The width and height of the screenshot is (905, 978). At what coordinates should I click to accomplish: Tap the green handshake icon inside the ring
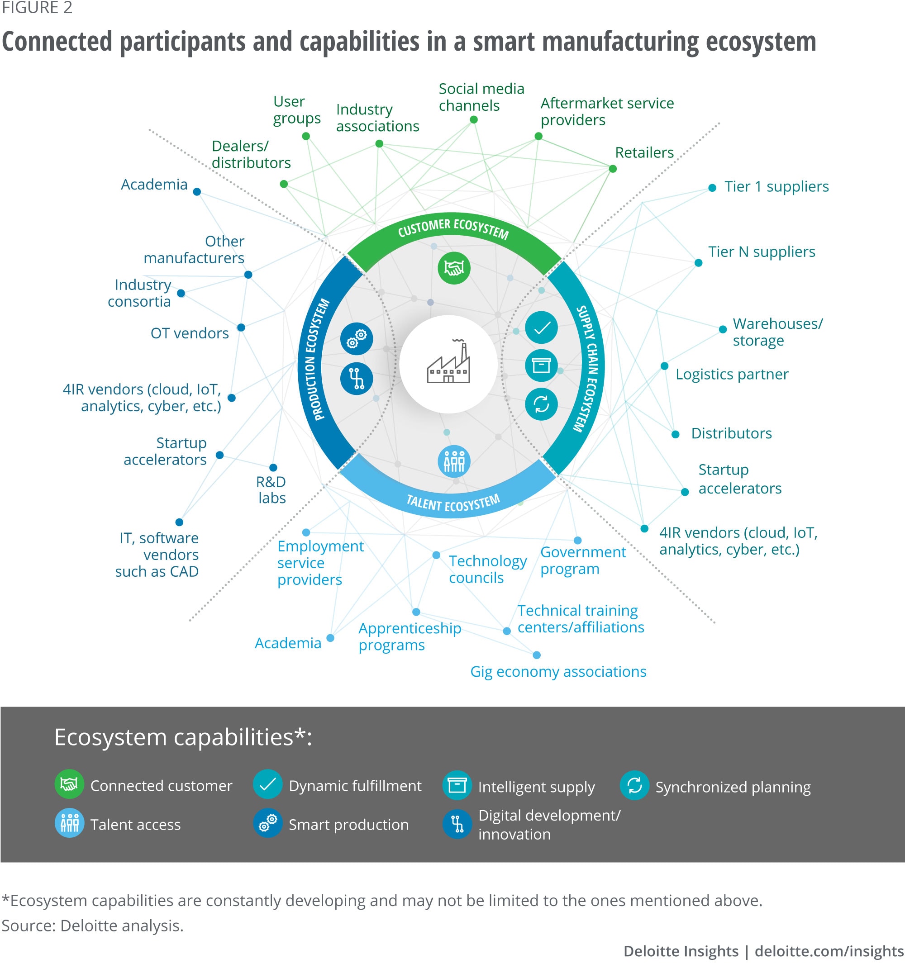coord(454,268)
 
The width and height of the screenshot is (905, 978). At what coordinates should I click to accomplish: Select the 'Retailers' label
coord(644,152)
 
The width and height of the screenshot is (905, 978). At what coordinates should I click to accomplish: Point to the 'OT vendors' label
coord(190,333)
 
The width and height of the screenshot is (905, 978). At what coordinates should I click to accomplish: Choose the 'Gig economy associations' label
coord(558,672)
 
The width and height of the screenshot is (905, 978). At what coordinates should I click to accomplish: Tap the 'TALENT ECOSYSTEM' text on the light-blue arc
coord(453,503)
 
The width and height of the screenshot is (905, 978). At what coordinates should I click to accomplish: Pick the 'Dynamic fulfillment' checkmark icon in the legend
coord(267,784)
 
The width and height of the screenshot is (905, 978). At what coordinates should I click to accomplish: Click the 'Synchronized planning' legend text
coord(733,787)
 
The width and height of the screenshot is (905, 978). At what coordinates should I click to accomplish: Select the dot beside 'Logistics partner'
coord(664,366)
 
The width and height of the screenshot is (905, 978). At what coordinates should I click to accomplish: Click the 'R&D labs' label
coord(271,489)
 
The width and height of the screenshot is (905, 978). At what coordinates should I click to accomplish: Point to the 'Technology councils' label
coord(487,569)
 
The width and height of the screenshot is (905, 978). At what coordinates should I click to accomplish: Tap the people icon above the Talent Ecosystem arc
coord(454,461)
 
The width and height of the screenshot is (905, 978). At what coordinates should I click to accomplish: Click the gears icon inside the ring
coord(357,338)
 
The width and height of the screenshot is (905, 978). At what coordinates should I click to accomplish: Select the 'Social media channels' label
coord(481,97)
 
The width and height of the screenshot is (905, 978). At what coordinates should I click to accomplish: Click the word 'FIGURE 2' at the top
coord(37,7)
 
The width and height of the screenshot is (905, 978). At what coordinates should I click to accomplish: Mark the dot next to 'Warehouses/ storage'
coord(722,329)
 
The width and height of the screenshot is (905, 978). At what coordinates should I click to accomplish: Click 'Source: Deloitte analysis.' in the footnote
coord(93,926)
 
